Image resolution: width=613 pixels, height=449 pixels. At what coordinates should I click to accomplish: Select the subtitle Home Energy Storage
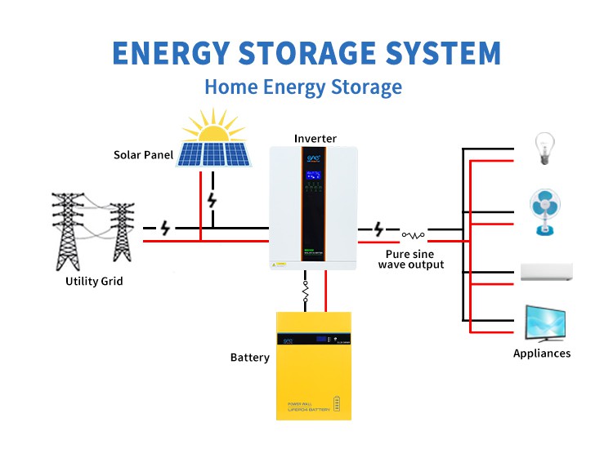303,87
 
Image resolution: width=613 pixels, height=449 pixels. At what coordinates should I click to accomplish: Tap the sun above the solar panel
214,127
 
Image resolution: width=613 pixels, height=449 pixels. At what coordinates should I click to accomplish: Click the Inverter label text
315,139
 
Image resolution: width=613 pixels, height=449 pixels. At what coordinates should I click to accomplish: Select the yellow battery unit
313,365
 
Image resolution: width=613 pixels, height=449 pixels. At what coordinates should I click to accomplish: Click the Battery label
250,358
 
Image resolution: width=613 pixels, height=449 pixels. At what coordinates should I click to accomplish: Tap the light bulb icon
544,149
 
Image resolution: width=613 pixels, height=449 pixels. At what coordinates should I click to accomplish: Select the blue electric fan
545,211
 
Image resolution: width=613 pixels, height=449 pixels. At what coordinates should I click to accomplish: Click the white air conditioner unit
547,272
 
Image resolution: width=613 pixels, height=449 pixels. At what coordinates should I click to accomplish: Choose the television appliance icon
546,324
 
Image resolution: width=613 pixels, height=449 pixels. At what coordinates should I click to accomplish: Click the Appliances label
542,353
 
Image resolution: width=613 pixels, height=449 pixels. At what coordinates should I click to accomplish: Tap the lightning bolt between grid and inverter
166,229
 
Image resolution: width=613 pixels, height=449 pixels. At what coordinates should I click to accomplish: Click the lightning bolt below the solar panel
213,199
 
